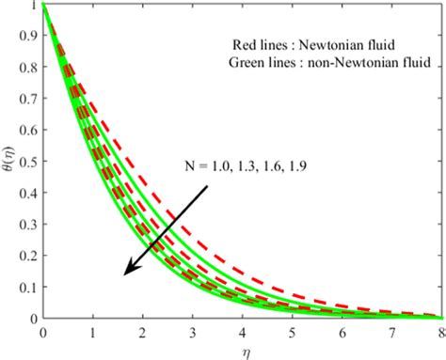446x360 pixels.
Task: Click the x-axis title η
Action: pos(242,352)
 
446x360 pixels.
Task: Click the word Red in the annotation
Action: pos(247,44)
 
